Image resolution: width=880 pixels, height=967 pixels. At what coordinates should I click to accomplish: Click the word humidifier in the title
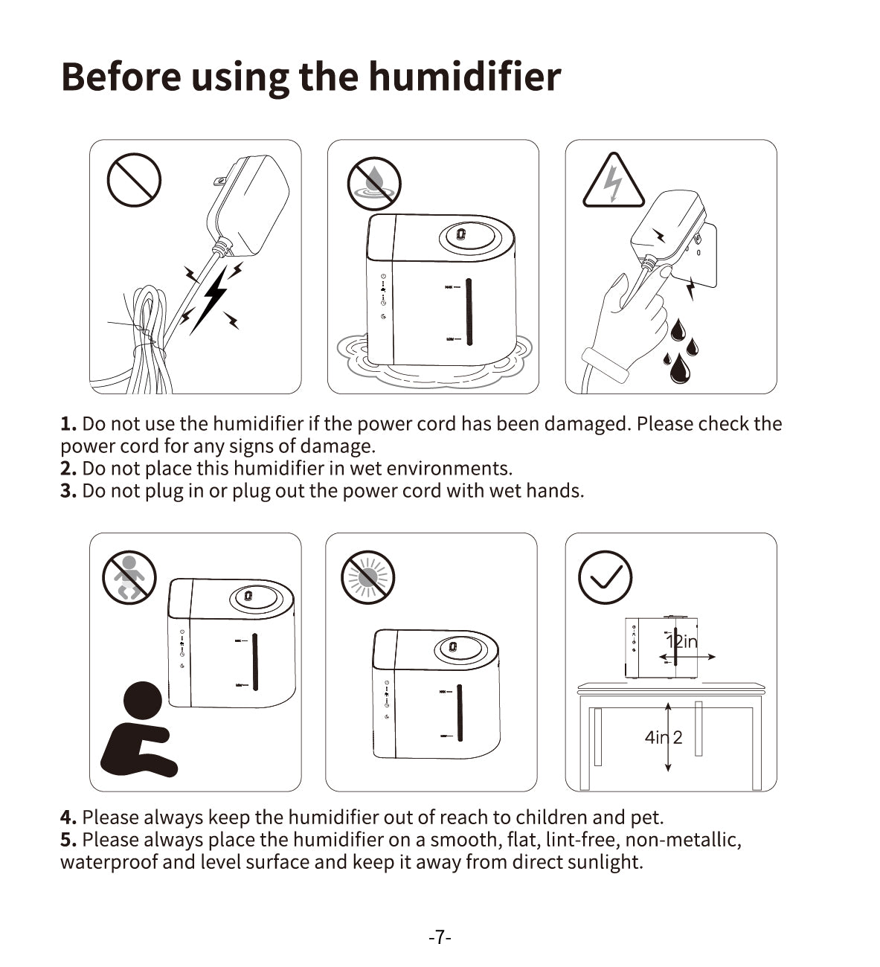[464, 77]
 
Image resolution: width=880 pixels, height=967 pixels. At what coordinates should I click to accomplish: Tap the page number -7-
[440, 937]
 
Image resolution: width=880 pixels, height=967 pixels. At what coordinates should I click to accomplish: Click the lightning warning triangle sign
[614, 180]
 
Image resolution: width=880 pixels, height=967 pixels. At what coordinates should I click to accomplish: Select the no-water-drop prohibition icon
[373, 183]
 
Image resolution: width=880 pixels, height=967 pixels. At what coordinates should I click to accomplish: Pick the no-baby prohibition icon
[129, 577]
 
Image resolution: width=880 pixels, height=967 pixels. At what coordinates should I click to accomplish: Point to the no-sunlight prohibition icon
[368, 577]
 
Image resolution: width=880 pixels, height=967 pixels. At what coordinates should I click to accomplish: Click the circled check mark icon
[606, 577]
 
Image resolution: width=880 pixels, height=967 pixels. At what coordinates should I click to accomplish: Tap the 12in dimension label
[682, 642]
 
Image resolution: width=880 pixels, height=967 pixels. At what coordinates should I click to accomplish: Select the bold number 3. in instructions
[68, 491]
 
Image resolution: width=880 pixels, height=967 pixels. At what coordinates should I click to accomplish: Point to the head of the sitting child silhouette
[143, 701]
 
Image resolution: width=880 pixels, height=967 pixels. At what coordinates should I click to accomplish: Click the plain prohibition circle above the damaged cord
[134, 180]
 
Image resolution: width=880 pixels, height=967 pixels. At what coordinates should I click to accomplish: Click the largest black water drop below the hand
[680, 368]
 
